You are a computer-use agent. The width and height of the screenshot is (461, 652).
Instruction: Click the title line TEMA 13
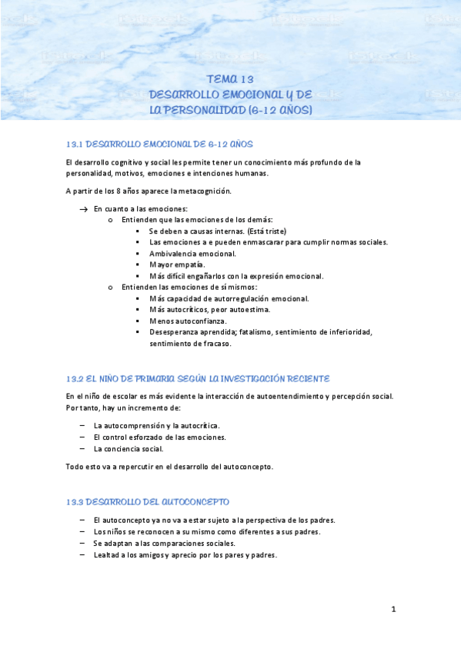(230, 79)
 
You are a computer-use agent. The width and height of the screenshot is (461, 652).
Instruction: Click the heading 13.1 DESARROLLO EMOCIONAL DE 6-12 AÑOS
(159, 144)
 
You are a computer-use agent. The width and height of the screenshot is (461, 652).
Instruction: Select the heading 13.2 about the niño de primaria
(199, 378)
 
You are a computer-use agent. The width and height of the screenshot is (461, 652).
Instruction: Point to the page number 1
(393, 610)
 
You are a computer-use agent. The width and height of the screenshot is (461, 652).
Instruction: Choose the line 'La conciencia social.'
(129, 448)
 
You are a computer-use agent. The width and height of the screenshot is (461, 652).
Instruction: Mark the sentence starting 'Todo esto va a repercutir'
(169, 466)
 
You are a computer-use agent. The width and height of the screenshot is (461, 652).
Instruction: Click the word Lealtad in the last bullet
(106, 554)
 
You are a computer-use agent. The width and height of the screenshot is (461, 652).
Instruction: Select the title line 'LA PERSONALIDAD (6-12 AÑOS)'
(231, 110)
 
